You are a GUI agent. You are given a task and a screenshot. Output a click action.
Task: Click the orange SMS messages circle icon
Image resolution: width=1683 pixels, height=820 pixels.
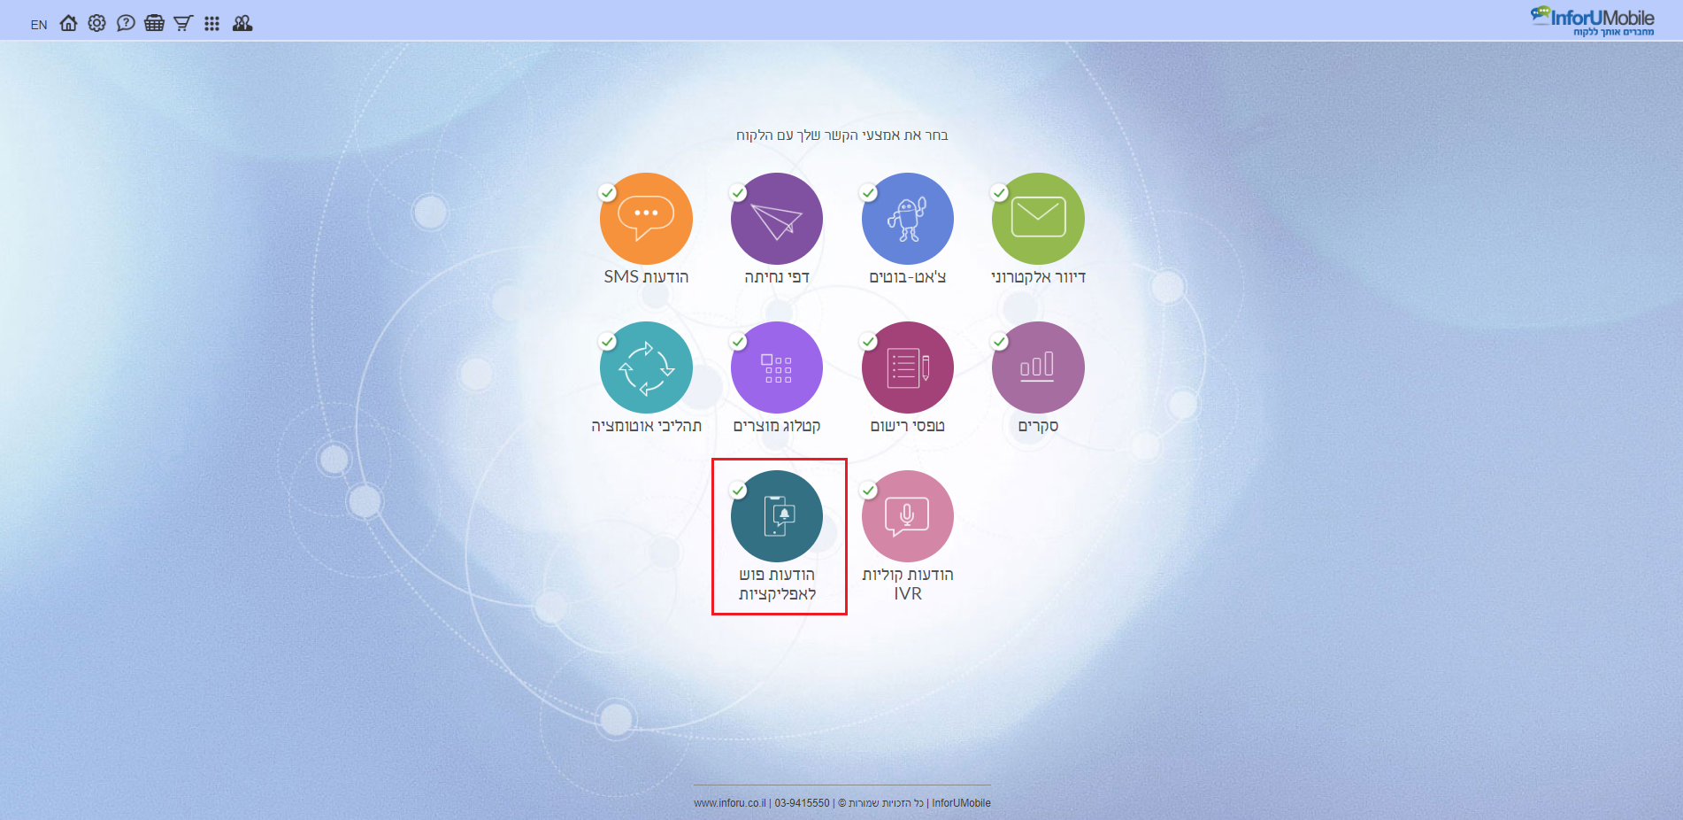[646, 219]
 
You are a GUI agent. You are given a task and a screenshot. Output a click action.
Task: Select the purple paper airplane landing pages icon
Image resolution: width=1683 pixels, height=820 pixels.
[777, 219]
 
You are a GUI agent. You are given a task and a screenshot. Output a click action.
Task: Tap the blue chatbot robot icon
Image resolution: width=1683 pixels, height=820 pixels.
[908, 219]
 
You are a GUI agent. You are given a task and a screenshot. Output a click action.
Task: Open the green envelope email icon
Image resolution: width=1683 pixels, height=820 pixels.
[1038, 219]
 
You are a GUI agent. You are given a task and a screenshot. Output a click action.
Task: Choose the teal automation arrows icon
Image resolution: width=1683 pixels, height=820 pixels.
[646, 367]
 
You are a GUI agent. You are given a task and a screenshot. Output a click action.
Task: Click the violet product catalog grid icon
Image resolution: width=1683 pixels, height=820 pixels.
[777, 367]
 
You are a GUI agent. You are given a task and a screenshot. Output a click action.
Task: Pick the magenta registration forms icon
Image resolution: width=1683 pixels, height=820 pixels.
[908, 367]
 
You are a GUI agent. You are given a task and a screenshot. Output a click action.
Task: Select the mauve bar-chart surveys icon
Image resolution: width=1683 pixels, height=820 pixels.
[1038, 367]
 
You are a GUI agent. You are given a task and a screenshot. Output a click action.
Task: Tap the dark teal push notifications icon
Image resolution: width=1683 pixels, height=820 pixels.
[777, 516]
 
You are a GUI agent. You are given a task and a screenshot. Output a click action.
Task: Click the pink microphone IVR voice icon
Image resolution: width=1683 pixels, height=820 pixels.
[908, 516]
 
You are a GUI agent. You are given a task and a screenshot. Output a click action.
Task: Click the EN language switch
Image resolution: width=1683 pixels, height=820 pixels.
[39, 25]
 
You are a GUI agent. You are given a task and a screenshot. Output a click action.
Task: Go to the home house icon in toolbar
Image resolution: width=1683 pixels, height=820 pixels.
[68, 23]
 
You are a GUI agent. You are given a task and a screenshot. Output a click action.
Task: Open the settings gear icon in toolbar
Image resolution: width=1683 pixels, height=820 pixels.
[97, 23]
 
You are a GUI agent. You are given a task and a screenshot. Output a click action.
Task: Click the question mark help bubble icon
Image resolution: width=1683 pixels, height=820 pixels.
[126, 23]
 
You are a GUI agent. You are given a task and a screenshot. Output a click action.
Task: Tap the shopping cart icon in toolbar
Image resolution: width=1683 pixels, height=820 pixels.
[183, 23]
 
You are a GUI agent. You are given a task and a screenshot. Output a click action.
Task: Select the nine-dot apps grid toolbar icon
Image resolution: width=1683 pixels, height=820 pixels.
[211, 24]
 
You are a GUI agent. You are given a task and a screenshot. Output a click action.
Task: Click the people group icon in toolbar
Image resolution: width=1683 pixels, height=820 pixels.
[242, 23]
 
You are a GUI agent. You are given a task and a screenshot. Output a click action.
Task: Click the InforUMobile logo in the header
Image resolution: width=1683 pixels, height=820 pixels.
[1593, 20]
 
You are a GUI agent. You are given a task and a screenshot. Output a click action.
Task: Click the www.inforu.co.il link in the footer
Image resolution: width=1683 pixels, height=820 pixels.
[730, 803]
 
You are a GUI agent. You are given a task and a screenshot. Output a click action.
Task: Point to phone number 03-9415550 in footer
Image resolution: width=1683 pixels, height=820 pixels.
[803, 803]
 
